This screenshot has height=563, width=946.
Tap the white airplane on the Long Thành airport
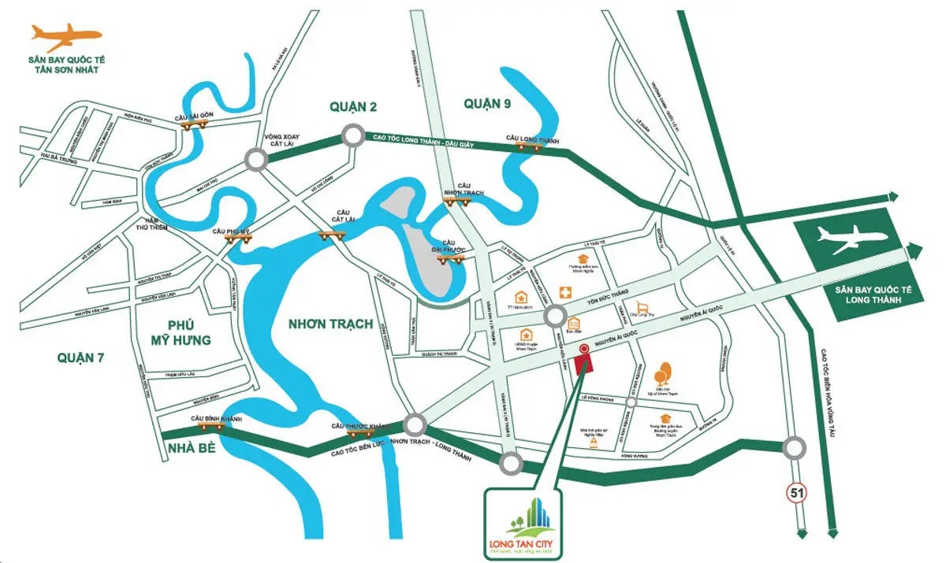849,239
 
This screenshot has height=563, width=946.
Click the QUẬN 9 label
487,103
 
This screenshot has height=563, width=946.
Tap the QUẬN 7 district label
81,357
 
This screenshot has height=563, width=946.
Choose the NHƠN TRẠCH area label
330,324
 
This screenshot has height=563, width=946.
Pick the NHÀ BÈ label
189,450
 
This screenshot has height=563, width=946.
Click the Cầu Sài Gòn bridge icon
190,124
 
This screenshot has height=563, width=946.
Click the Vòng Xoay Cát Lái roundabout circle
255,160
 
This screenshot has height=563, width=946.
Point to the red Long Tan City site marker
584,364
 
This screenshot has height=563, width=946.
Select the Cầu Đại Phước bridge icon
452,256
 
